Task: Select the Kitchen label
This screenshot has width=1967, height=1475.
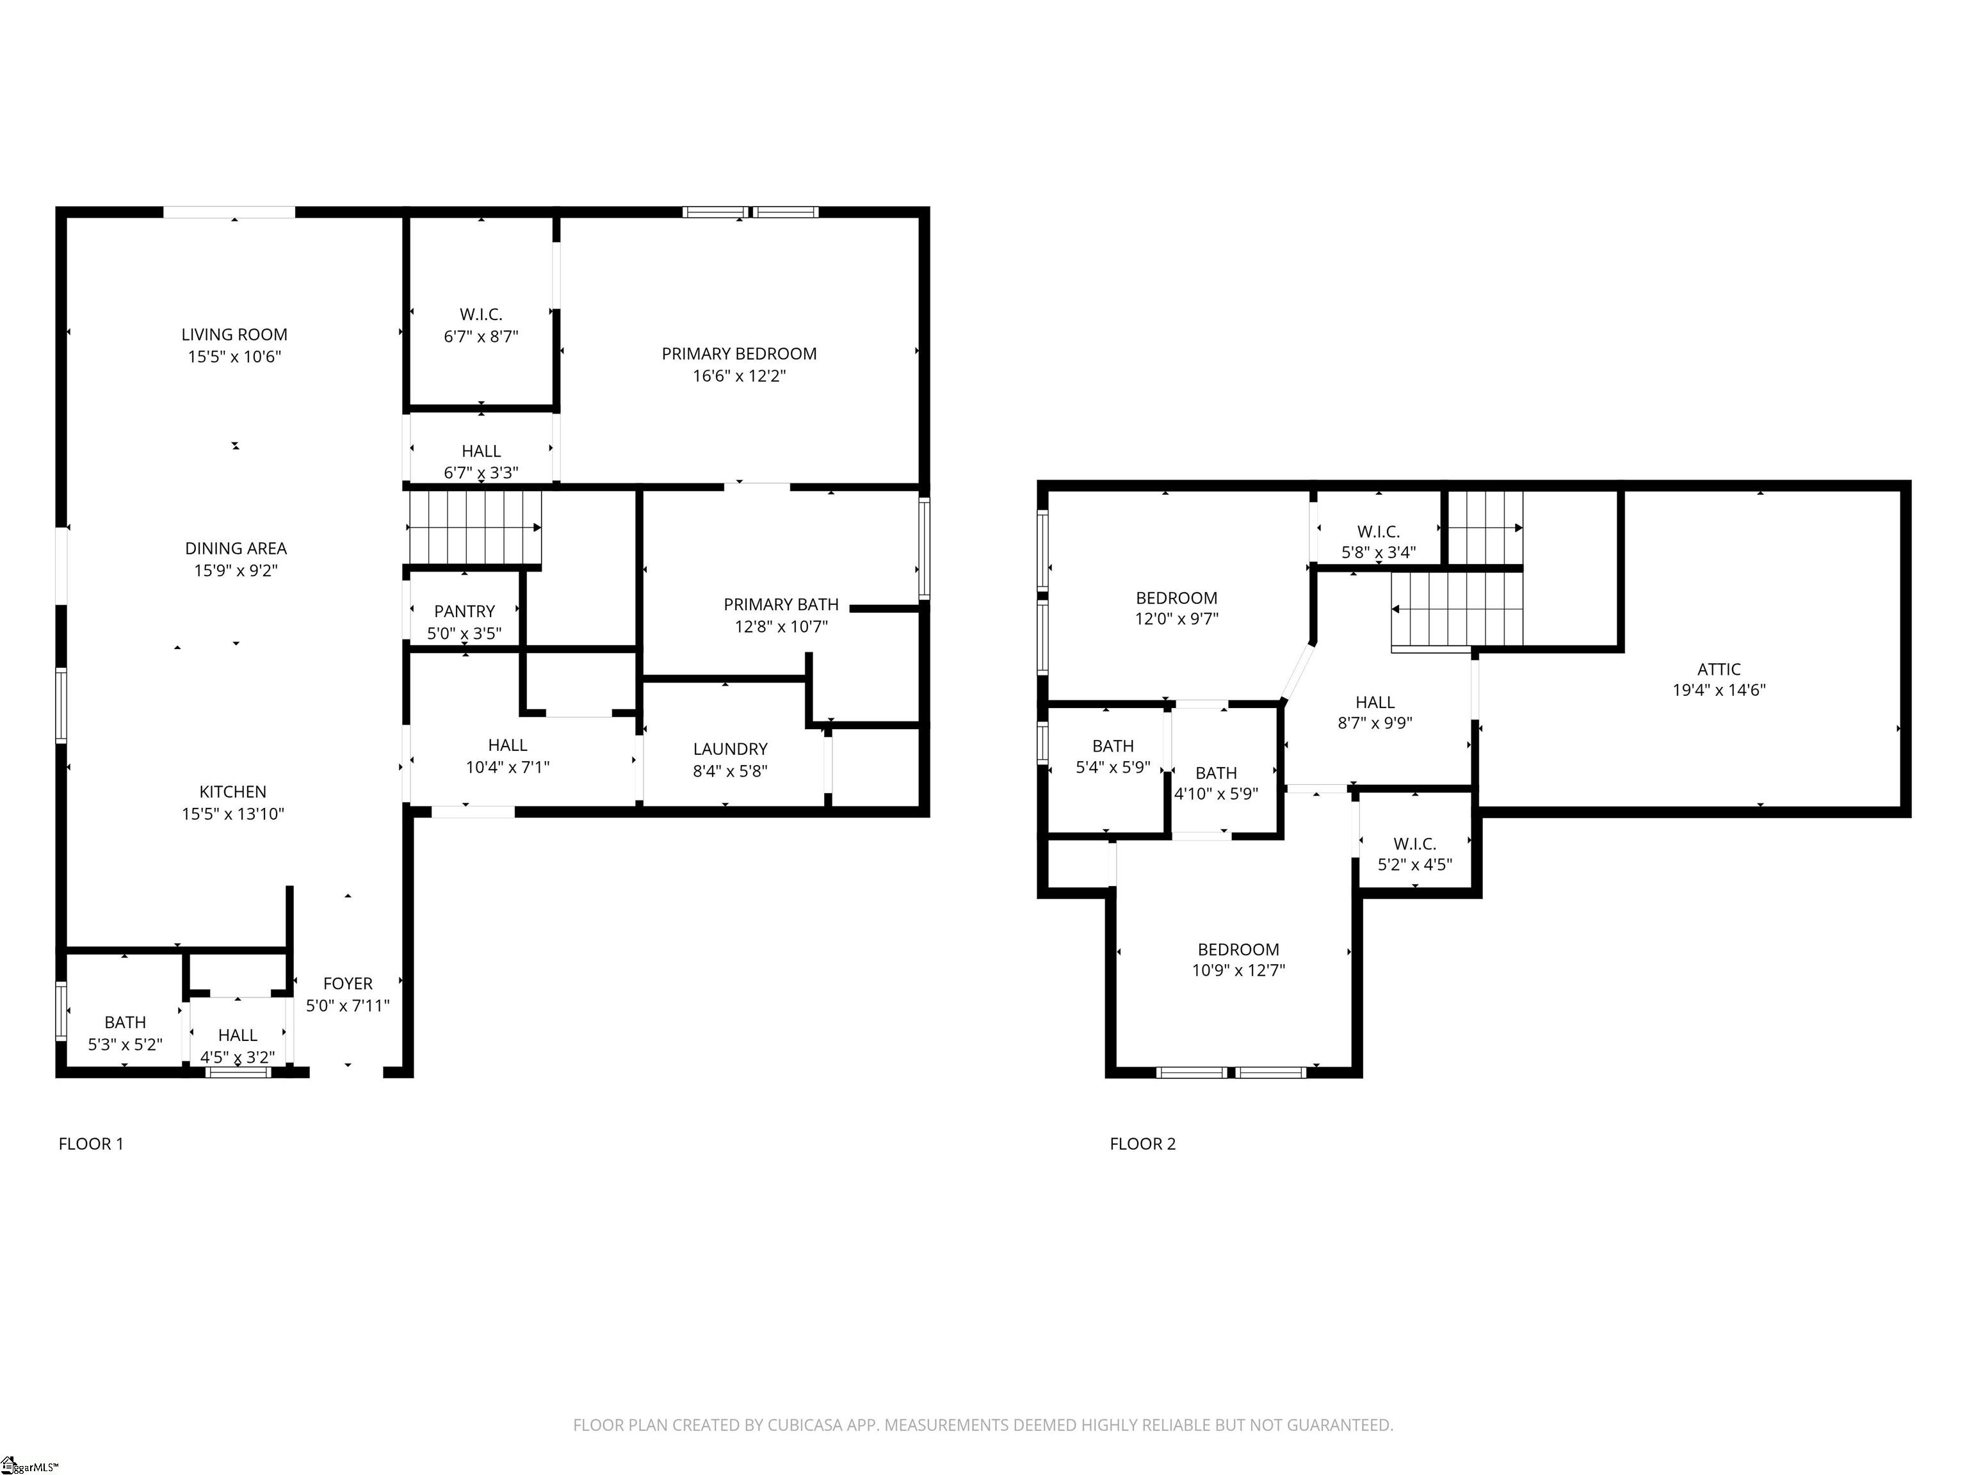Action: coord(233,792)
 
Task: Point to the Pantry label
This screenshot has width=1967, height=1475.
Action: coord(464,611)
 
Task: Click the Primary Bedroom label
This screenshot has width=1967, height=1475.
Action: coord(739,354)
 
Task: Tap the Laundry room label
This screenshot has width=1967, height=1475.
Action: coord(730,750)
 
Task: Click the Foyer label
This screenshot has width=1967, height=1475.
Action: coord(348,984)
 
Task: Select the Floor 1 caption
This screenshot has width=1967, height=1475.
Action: coord(91,1144)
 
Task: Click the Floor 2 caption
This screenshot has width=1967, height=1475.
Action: coord(1143,1144)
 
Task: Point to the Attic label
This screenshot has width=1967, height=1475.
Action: coord(1719,670)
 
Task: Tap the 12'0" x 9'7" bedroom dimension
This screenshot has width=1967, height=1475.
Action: coord(1176,619)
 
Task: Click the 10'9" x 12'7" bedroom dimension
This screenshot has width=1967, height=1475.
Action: coord(1238,970)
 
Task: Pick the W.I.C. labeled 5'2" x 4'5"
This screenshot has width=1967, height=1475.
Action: coord(1415,853)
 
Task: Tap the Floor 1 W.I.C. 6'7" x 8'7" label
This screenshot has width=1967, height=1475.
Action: coord(481,325)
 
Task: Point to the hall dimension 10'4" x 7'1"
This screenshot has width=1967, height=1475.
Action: coord(508,768)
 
